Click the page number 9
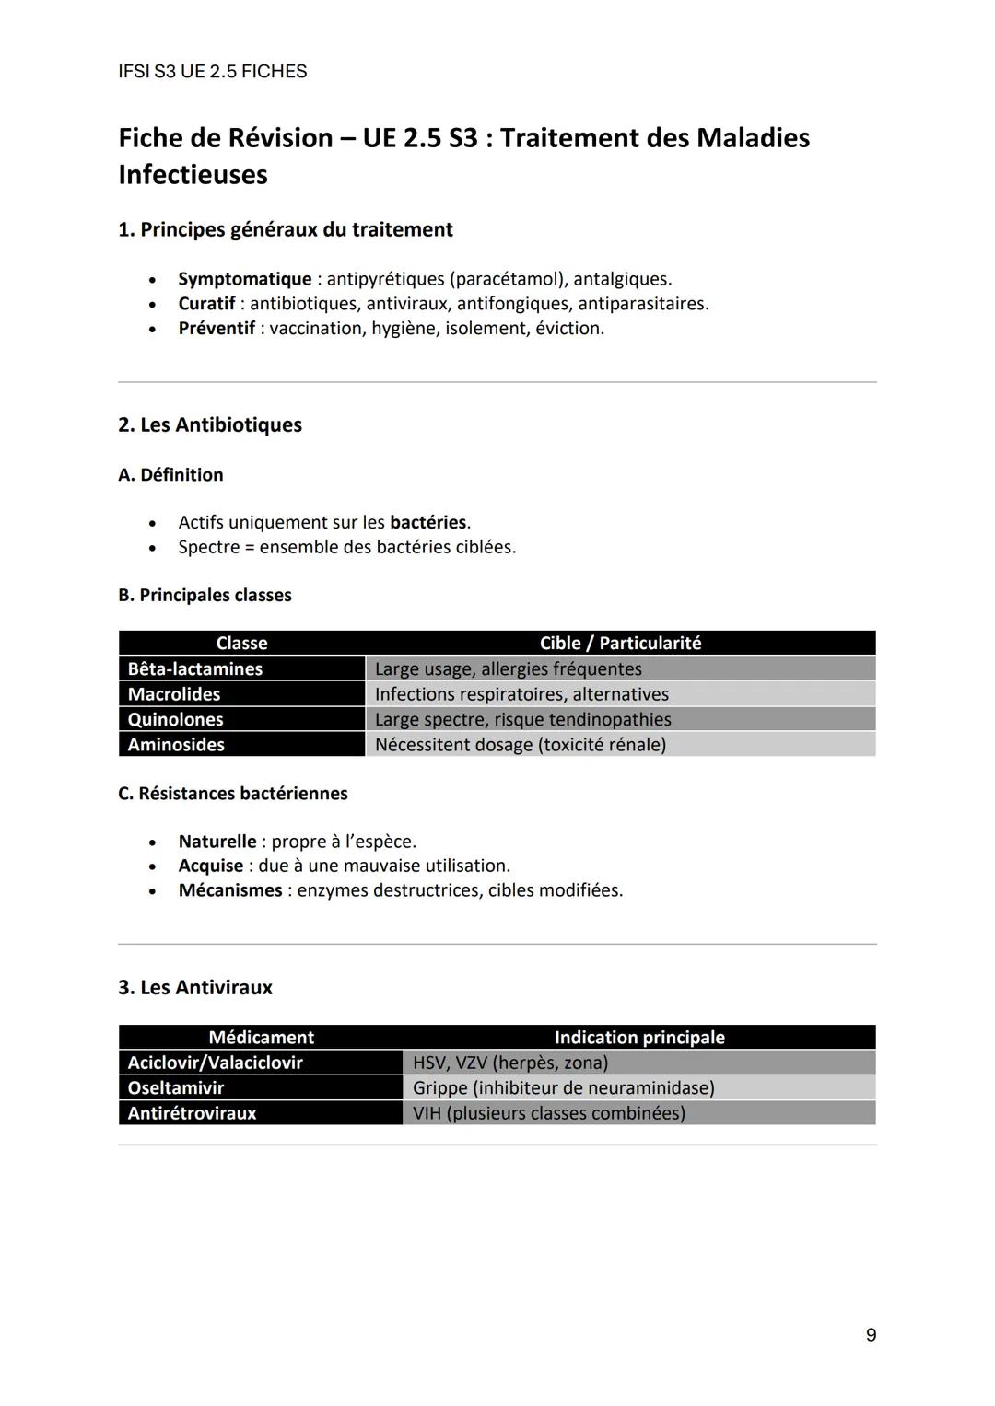coord(871,1335)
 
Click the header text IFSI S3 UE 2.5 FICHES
coord(213,72)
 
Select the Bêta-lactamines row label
coord(195,669)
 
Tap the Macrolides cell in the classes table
coord(174,694)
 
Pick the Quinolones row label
coord(175,719)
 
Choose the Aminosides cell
coord(176,745)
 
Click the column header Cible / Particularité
coord(620,643)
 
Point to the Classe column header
coord(241,643)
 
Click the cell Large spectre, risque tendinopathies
coord(522,719)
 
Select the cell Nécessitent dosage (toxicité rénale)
coord(520,745)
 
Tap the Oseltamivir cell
coord(176,1087)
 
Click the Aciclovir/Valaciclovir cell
coord(215,1063)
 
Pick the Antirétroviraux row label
coord(192,1113)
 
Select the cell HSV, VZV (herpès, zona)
coord(509,1063)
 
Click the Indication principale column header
coord(639,1038)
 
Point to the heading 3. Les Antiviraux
coord(195,988)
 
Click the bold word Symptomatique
coord(245,279)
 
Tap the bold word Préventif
coord(217,329)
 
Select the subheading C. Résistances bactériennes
coord(233,794)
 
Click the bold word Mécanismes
coord(230,890)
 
